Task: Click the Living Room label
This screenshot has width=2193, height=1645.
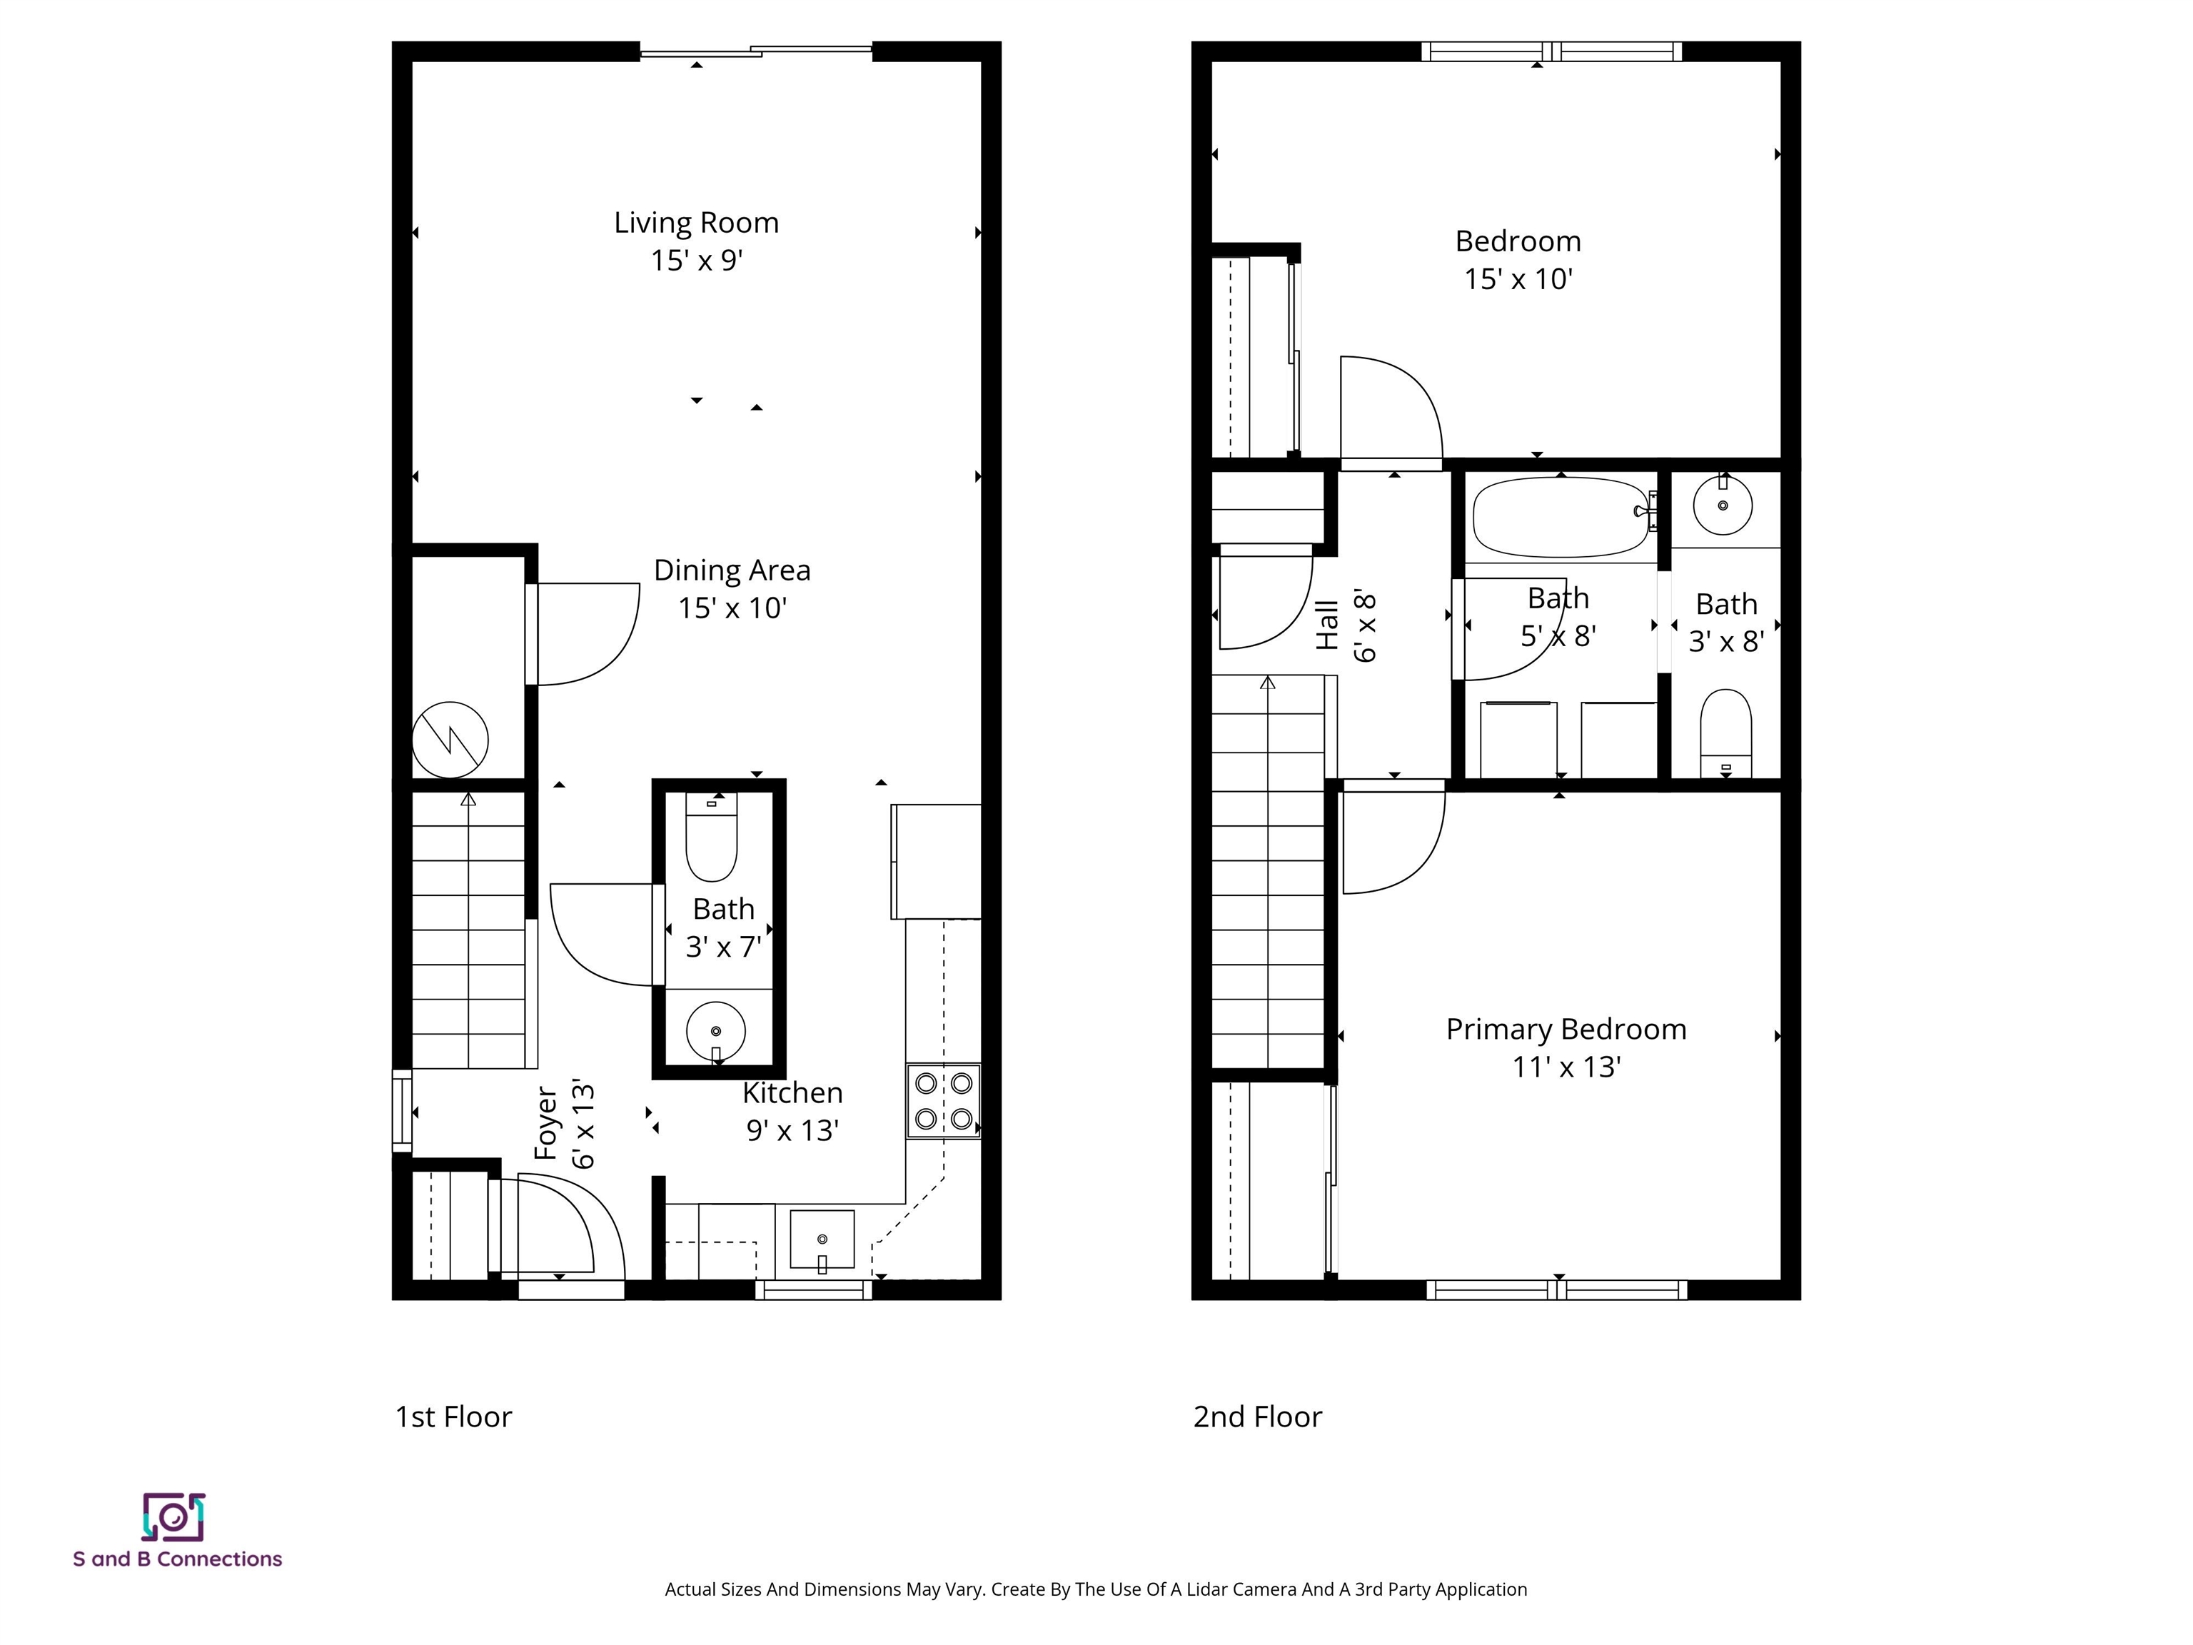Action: pos(696,222)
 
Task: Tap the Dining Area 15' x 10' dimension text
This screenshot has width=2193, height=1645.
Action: pos(732,608)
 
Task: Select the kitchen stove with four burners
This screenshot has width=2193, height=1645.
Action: pos(943,1102)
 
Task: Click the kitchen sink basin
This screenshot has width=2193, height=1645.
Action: pos(822,1239)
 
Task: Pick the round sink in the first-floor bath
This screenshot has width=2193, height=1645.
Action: pos(716,1031)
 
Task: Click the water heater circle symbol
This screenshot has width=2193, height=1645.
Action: pos(450,740)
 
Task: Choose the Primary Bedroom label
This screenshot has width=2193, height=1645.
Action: pos(1566,1030)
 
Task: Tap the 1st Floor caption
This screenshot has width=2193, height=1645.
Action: pos(453,1417)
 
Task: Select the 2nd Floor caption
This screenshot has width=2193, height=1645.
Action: pos(1257,1417)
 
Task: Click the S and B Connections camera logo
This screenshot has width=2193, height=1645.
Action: pos(173,1517)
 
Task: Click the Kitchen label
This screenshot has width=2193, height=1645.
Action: pos(792,1092)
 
